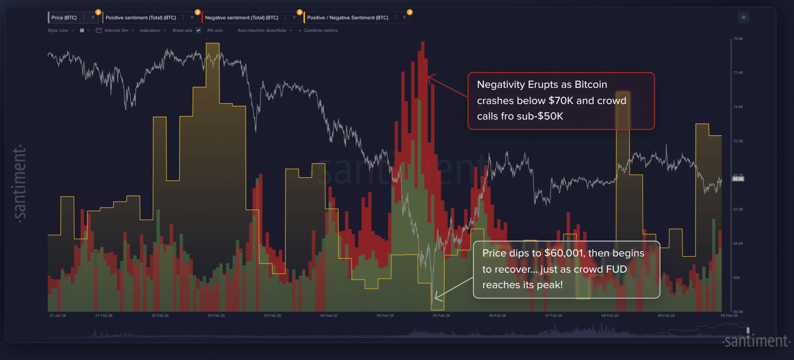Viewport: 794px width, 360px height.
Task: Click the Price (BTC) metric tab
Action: tap(64, 18)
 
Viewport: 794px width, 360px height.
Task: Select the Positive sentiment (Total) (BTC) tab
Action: tap(141, 18)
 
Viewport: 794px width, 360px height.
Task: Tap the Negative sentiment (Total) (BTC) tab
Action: tap(241, 18)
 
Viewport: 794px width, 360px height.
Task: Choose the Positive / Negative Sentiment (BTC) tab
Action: tap(347, 18)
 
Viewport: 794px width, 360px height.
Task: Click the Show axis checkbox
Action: tap(198, 30)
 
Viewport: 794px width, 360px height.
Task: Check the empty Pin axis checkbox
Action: tap(229, 30)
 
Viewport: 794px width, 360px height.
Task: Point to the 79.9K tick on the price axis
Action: tap(738, 39)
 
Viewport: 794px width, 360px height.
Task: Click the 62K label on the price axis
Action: tap(737, 278)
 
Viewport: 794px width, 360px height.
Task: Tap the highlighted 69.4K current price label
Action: tap(738, 179)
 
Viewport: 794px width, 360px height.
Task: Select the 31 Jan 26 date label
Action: tap(58, 316)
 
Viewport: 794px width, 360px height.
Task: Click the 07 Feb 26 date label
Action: tap(554, 316)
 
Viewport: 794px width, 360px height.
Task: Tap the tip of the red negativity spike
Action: tap(422, 42)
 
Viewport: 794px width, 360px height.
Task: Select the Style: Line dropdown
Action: tap(61, 30)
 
